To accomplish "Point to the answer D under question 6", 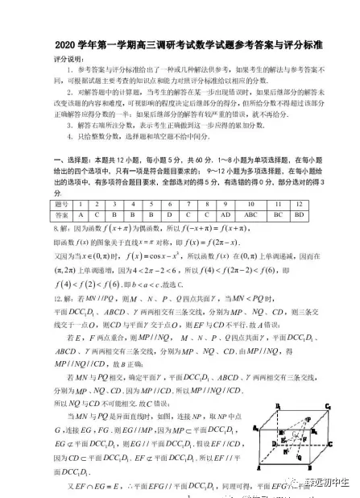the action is (170, 215).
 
